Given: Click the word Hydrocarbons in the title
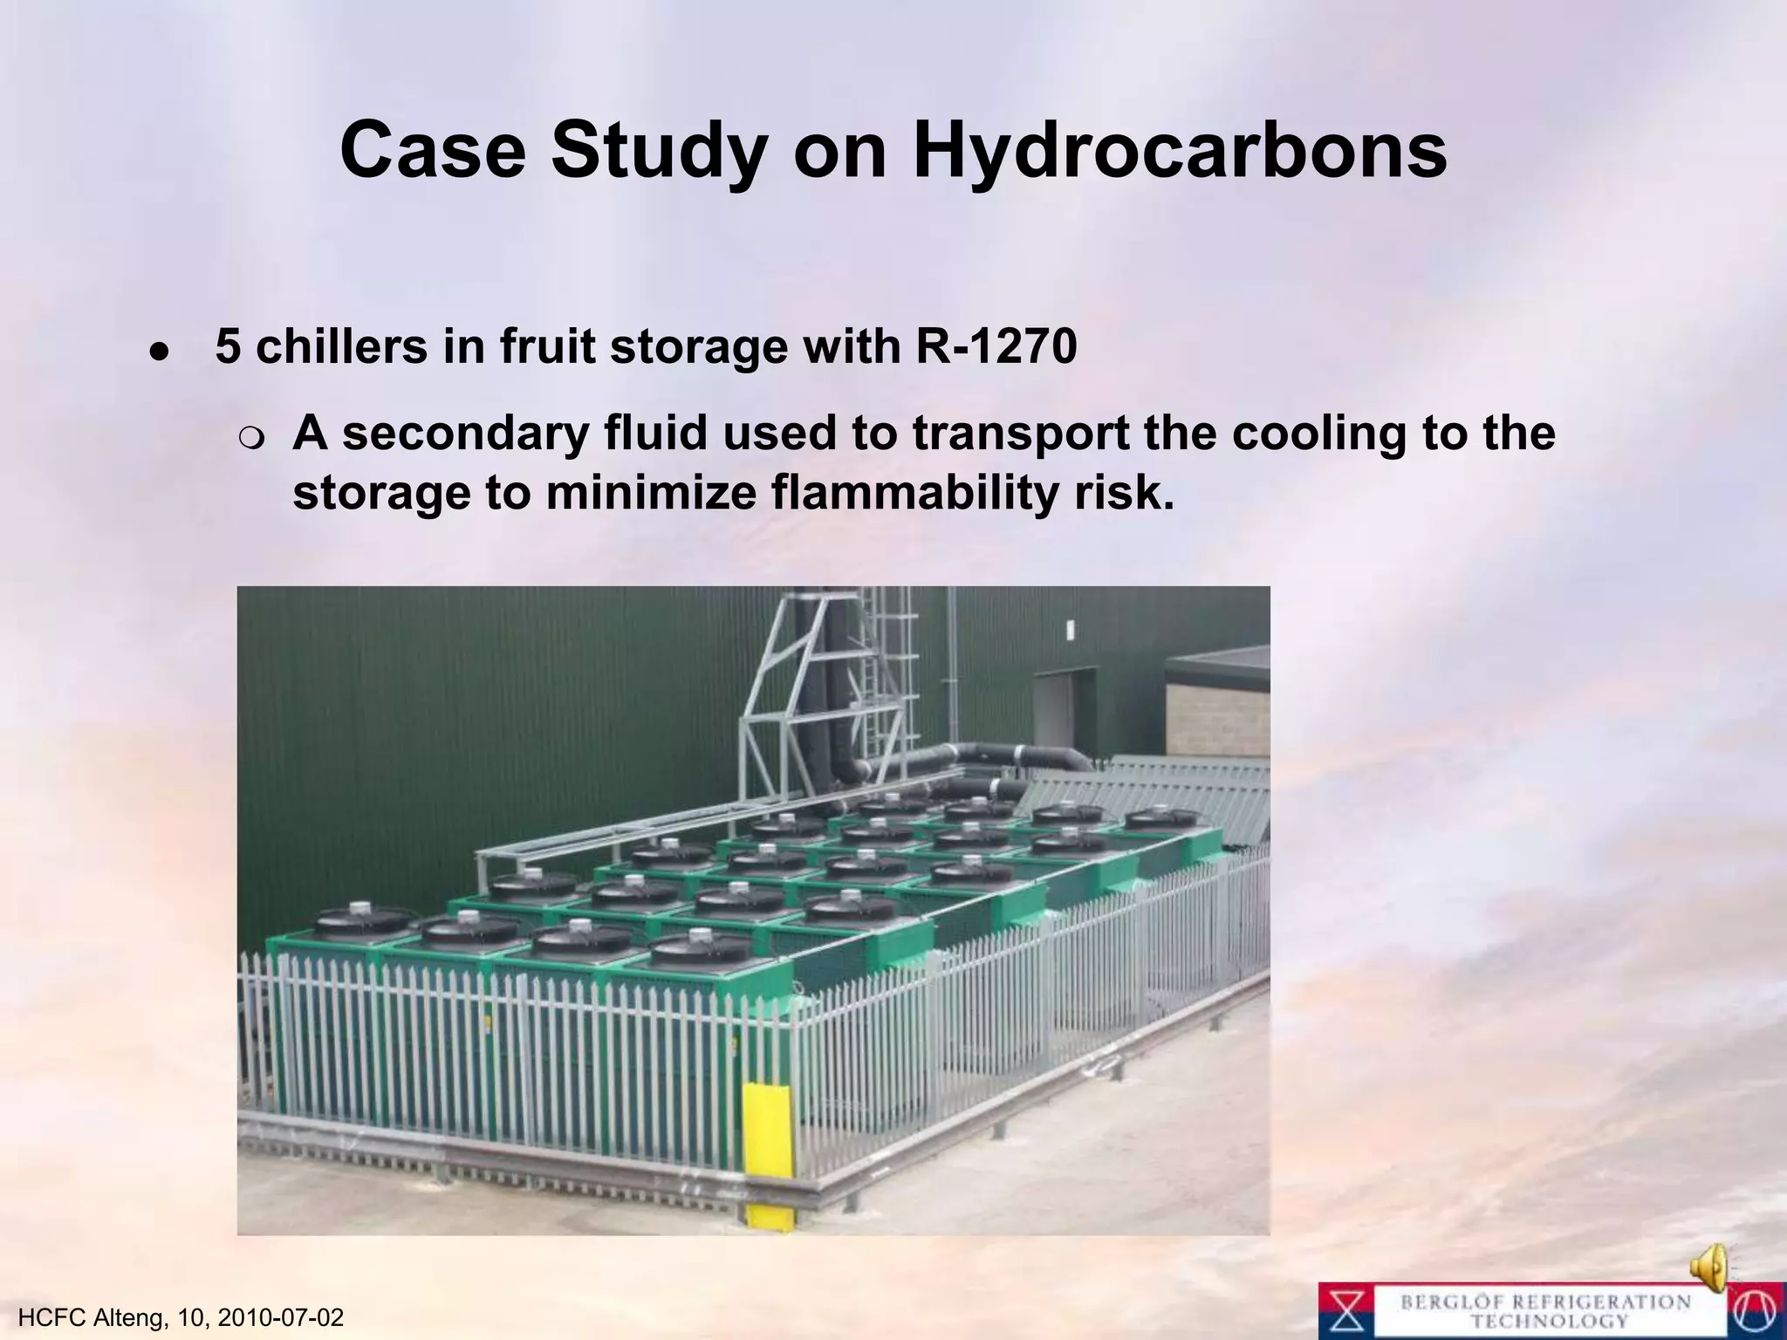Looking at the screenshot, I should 1180,150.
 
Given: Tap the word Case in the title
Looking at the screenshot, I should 433,150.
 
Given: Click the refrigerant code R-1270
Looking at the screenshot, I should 996,346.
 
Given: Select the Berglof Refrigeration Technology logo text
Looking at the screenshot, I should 1545,1311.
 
